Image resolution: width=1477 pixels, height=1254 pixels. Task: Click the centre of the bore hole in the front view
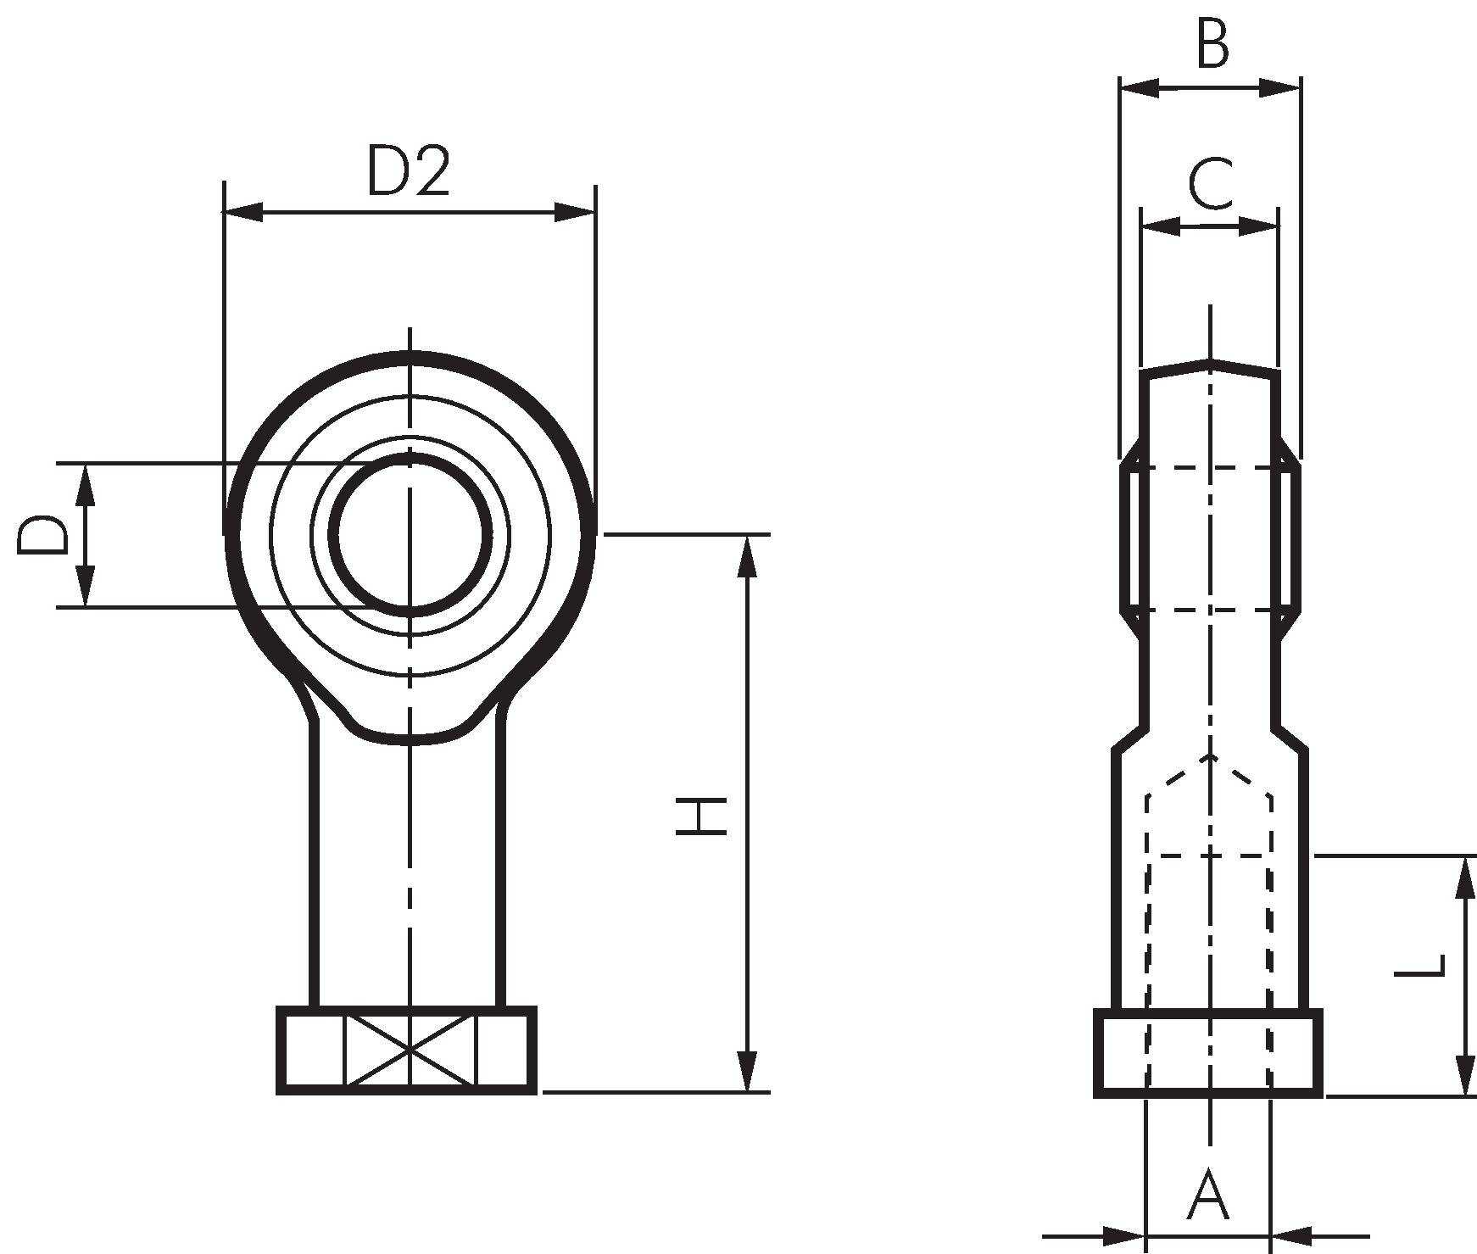(410, 535)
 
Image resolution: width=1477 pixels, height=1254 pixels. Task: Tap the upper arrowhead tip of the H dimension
(747, 536)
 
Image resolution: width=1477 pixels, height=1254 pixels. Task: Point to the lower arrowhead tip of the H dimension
(747, 1091)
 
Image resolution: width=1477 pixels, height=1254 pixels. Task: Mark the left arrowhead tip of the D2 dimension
(224, 213)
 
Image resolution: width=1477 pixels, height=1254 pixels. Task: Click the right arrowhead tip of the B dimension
(1300, 87)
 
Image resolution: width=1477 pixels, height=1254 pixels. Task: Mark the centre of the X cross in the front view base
(410, 1051)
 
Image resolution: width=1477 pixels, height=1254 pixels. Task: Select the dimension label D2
(408, 171)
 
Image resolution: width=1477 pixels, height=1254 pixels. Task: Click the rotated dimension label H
(701, 816)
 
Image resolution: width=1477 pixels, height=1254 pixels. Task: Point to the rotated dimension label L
(1419, 978)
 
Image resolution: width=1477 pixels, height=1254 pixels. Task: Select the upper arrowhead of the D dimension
(85, 484)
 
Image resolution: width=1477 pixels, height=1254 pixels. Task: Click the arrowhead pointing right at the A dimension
(1123, 1235)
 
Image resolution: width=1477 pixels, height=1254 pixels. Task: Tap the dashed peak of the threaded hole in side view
(1210, 754)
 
